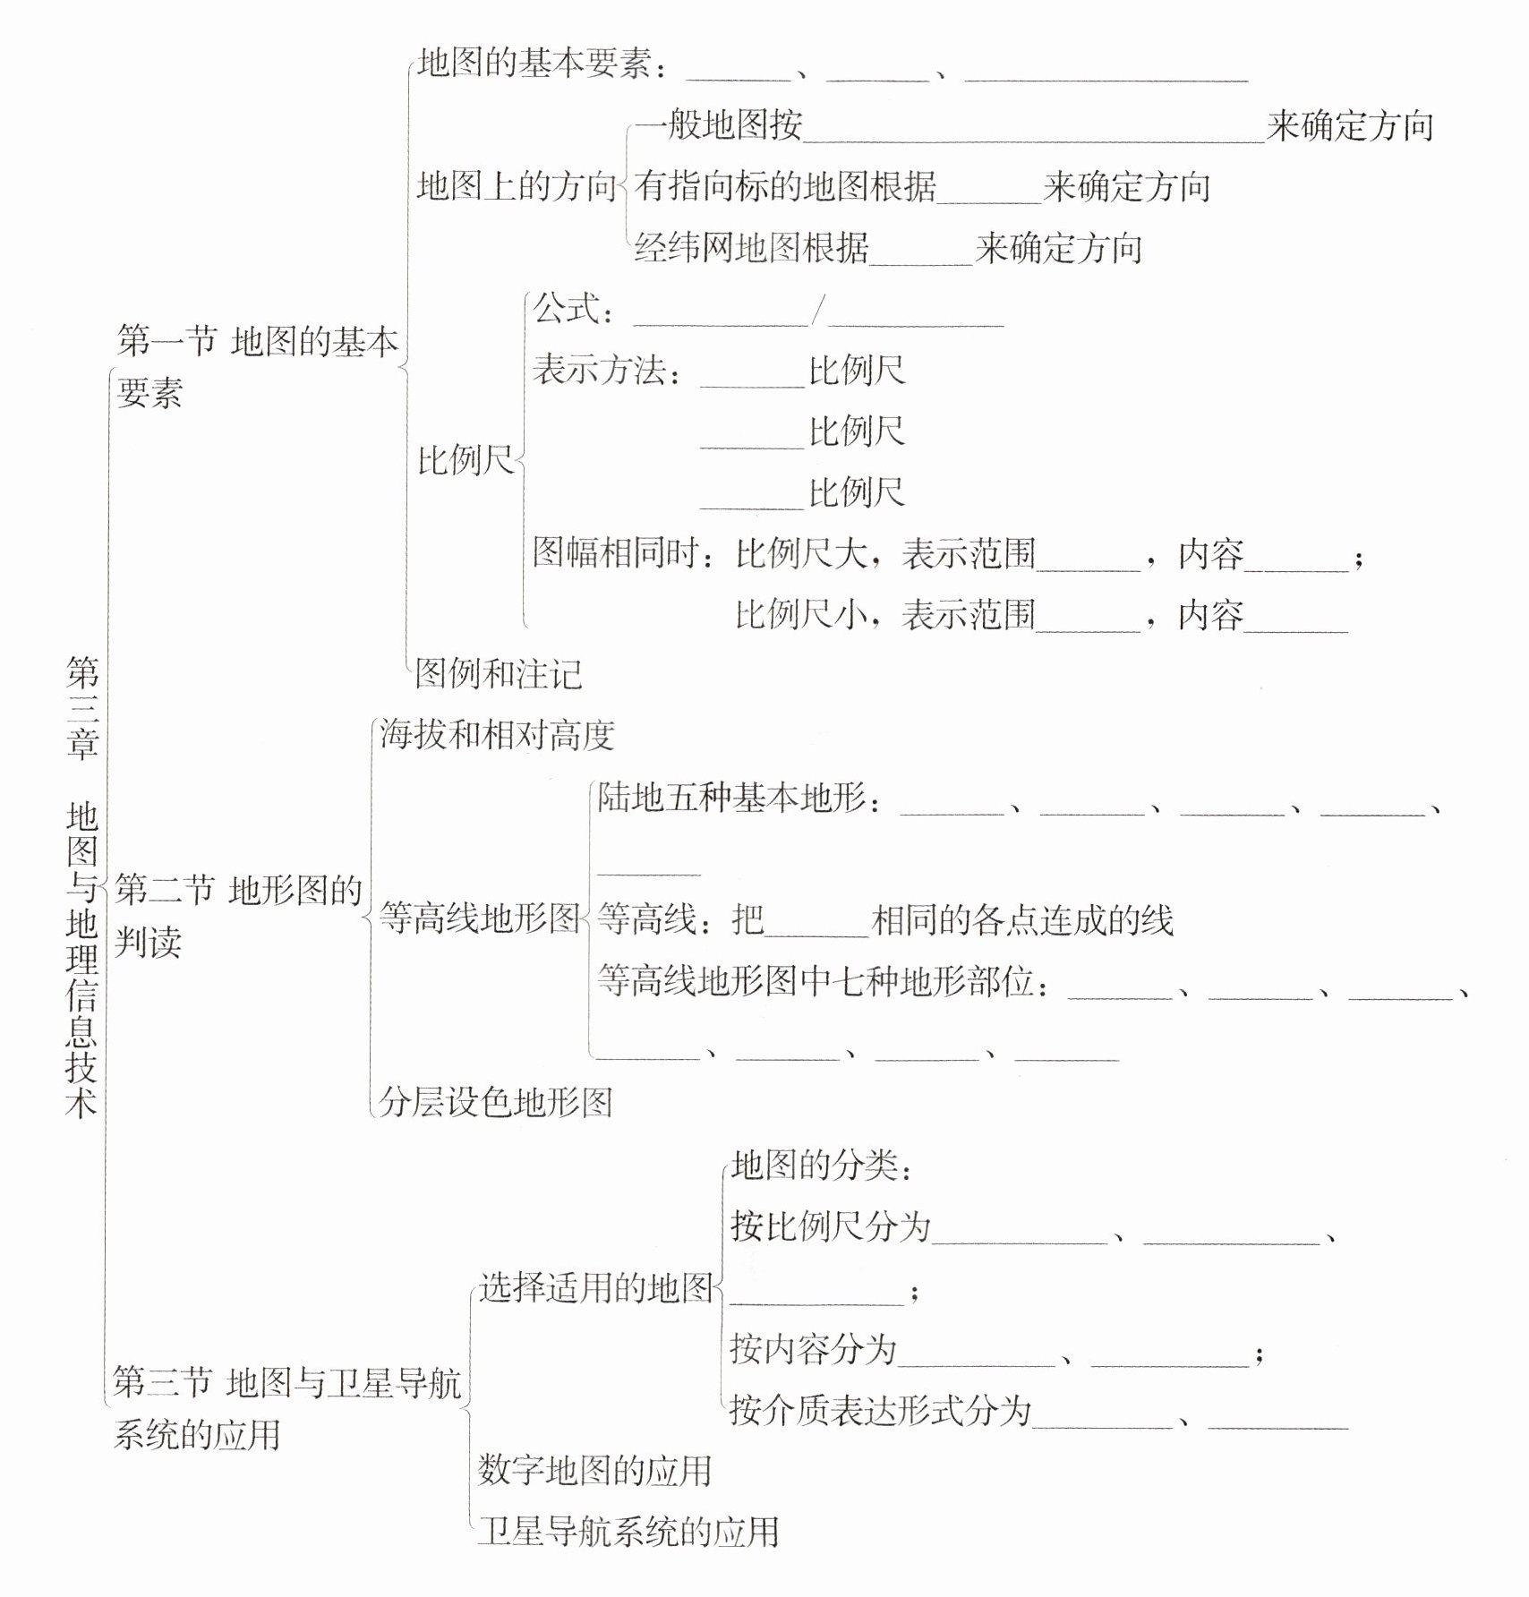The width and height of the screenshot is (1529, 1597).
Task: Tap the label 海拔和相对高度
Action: pyautogui.click(x=497, y=735)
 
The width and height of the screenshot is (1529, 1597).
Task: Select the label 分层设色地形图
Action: pyautogui.click(x=495, y=1102)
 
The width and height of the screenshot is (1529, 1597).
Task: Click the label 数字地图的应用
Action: pyautogui.click(x=594, y=1470)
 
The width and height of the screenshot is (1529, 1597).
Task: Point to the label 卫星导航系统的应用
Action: pyautogui.click(x=628, y=1532)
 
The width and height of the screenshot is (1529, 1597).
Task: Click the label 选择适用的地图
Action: pyautogui.click(x=594, y=1287)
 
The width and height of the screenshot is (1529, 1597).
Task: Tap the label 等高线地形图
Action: pyautogui.click(x=480, y=918)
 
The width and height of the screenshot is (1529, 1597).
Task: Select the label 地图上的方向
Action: pyautogui.click(x=517, y=186)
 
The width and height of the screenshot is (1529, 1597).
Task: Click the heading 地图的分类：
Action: pyautogui.click(x=822, y=1166)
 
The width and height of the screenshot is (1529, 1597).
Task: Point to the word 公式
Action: pyautogui.click(x=566, y=310)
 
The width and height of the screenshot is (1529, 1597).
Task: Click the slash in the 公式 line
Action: pyautogui.click(x=817, y=312)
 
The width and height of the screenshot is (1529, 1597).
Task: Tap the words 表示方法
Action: pyautogui.click(x=599, y=371)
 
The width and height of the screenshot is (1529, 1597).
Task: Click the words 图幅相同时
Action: pyautogui.click(x=616, y=553)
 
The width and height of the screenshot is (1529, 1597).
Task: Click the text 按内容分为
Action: pyautogui.click(x=813, y=1349)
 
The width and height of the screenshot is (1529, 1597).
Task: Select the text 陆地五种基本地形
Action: pyautogui.click(x=731, y=797)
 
